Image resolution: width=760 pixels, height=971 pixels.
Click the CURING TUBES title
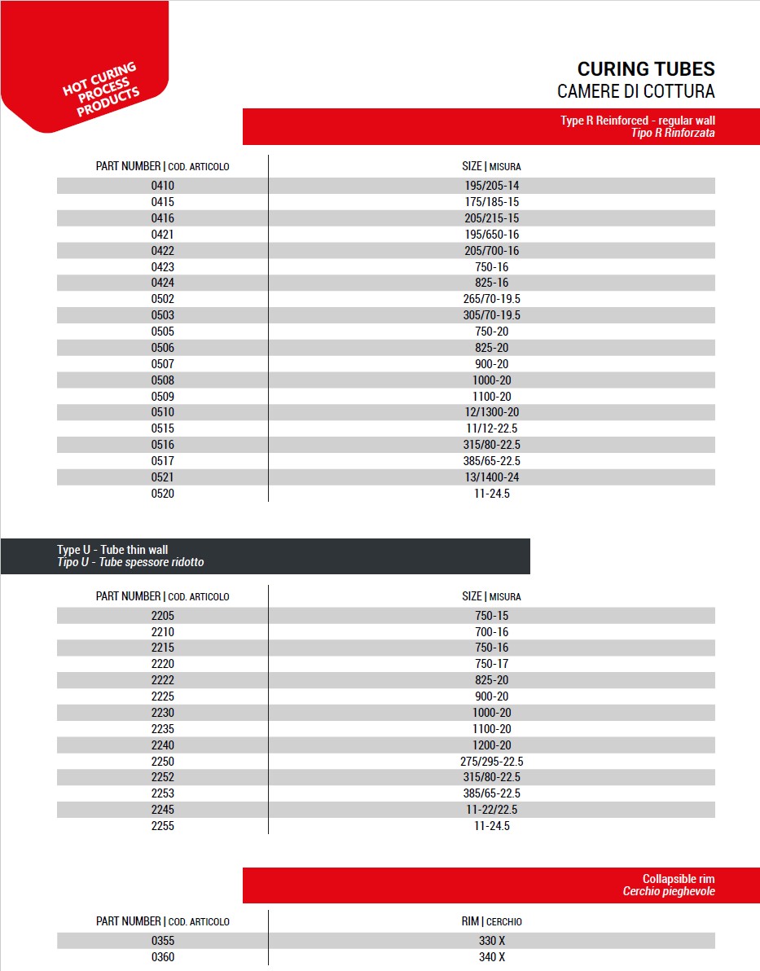645,68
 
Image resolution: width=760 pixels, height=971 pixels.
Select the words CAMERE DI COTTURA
635,90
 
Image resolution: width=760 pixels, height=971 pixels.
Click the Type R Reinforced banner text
637,121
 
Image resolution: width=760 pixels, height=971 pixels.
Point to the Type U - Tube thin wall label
112,550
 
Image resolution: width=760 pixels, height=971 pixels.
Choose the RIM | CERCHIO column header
491,921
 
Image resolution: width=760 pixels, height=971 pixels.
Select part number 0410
163,186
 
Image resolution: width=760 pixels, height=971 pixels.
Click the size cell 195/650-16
491,235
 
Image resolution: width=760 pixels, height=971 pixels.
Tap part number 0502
163,299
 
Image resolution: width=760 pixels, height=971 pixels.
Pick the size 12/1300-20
491,412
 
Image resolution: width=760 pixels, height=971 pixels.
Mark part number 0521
163,477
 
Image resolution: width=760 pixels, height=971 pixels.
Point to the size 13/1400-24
491,477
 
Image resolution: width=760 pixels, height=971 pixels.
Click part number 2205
163,616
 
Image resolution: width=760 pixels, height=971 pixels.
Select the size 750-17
491,664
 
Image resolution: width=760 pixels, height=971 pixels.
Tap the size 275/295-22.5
491,762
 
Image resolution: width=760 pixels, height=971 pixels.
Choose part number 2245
163,810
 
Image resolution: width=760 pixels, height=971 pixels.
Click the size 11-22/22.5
491,810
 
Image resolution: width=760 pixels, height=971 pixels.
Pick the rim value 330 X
491,941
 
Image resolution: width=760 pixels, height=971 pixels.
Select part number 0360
163,957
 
